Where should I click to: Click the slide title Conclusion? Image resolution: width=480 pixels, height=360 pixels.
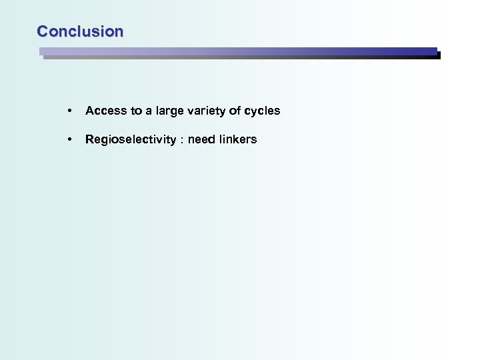point(80,31)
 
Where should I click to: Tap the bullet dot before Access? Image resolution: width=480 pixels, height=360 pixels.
point(69,111)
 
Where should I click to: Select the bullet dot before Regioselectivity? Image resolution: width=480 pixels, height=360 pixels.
point(69,140)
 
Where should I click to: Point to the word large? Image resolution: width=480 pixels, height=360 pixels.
point(169,111)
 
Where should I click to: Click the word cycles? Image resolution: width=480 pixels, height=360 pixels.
point(263,111)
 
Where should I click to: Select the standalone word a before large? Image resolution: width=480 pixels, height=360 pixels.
point(150,111)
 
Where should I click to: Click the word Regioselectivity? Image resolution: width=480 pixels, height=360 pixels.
point(129,139)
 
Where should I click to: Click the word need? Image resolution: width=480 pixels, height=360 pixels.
point(201,139)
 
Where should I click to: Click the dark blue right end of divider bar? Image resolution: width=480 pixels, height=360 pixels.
point(427,52)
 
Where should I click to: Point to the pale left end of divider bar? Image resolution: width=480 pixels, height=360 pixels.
point(47,52)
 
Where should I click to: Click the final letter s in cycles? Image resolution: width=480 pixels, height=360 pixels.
point(277,111)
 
